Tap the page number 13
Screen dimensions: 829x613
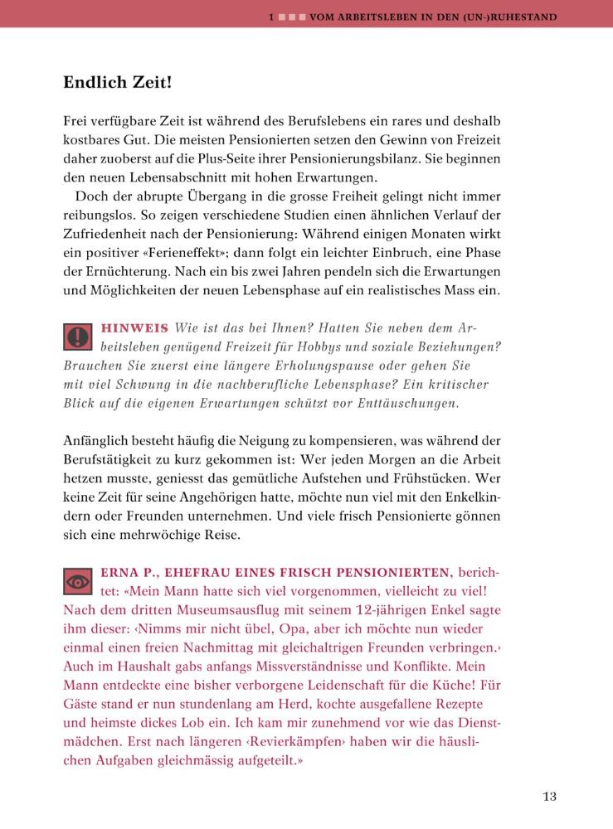(x=549, y=797)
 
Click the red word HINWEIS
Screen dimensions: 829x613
(x=134, y=327)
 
